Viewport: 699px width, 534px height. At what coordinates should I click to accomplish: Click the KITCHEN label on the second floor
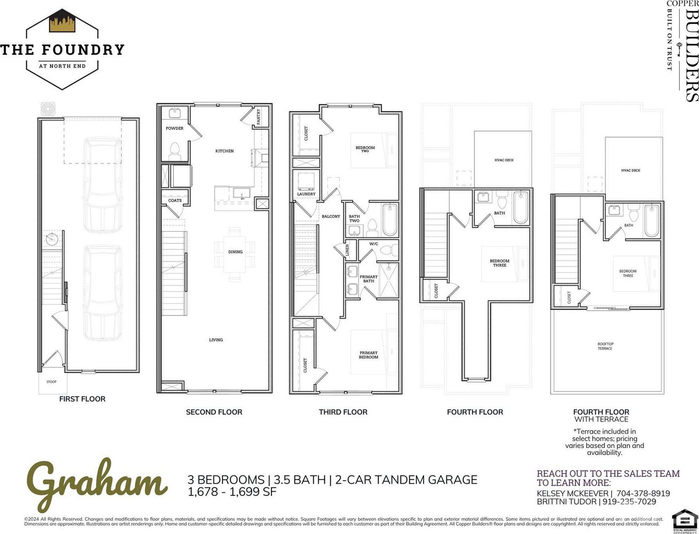pyautogui.click(x=224, y=151)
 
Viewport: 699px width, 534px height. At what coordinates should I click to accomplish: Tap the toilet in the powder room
pyautogui.click(x=175, y=150)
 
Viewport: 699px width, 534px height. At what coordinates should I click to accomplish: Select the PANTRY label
pyautogui.click(x=258, y=117)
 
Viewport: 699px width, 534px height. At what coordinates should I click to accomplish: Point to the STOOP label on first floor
pyautogui.click(x=51, y=382)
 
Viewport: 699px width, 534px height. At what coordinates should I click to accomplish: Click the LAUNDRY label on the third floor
pyautogui.click(x=306, y=194)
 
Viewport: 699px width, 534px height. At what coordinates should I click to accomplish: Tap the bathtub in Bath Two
pyautogui.click(x=390, y=220)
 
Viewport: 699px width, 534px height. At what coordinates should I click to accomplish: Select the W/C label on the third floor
pyautogui.click(x=374, y=243)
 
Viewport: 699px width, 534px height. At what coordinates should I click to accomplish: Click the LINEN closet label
pyautogui.click(x=347, y=250)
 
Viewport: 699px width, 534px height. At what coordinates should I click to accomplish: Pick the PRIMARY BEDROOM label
pyautogui.click(x=368, y=355)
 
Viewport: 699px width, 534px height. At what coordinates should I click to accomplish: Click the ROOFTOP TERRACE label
pyautogui.click(x=605, y=346)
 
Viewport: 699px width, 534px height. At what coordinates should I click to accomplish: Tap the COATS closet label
pyautogui.click(x=175, y=200)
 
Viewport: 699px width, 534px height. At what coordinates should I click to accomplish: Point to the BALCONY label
pyautogui.click(x=331, y=216)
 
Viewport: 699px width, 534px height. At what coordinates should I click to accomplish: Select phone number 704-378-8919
pyautogui.click(x=643, y=493)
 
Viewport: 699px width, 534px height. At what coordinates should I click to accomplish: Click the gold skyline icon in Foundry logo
pyautogui.click(x=62, y=22)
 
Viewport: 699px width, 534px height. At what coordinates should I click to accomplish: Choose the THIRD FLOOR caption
pyautogui.click(x=343, y=412)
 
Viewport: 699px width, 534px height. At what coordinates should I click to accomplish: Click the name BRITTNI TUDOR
pyautogui.click(x=566, y=501)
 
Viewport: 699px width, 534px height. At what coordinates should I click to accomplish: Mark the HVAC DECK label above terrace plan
pyautogui.click(x=630, y=170)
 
